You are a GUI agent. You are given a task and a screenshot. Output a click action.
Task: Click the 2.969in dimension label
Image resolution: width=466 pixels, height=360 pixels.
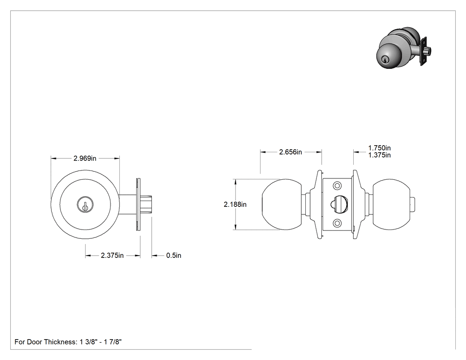tap(85, 158)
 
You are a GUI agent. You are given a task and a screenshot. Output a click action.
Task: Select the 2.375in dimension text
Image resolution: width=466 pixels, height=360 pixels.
tap(112, 255)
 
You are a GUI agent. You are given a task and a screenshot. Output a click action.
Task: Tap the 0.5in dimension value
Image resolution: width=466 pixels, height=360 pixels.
tap(174, 255)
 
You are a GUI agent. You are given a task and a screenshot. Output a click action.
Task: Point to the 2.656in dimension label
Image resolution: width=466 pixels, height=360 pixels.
tap(290, 152)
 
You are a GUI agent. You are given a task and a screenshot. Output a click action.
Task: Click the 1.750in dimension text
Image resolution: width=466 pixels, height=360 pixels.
tap(379, 148)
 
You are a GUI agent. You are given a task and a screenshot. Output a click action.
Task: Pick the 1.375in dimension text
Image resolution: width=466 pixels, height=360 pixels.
tap(379, 155)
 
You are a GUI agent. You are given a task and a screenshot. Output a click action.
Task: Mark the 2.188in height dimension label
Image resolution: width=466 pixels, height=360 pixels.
tap(235, 205)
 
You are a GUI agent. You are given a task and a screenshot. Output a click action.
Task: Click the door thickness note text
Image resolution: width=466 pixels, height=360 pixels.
tap(68, 342)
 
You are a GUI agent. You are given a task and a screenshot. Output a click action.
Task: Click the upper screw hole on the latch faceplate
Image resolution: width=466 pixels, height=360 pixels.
tap(337, 186)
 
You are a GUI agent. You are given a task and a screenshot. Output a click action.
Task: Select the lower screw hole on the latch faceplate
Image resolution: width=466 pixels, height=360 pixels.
tap(337, 223)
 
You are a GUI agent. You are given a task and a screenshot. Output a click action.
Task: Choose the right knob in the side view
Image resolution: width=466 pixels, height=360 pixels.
tap(390, 205)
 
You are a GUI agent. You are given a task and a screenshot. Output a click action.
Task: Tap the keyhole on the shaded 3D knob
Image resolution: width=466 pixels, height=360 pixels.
tap(386, 60)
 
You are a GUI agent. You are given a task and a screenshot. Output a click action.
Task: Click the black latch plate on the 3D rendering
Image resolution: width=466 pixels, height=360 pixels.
tap(423, 51)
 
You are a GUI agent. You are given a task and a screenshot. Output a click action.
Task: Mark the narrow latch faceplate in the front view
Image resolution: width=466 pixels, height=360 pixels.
tap(138, 205)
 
